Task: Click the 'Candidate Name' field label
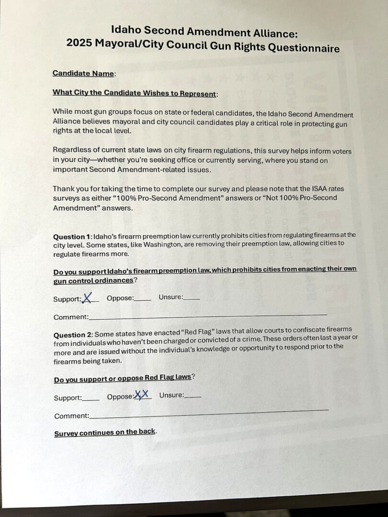pyautogui.click(x=83, y=73)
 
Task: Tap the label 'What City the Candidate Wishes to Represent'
pyautogui.click(x=134, y=93)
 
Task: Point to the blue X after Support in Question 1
pyautogui.click(x=87, y=298)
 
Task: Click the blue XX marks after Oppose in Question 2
pyautogui.click(x=142, y=394)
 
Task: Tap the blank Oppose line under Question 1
pyautogui.click(x=143, y=300)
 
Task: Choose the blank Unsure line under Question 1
pyautogui.click(x=192, y=299)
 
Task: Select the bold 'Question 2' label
pyautogui.click(x=72, y=334)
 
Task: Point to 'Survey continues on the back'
pyautogui.click(x=105, y=433)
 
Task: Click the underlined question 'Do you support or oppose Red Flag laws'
pyautogui.click(x=122, y=378)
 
